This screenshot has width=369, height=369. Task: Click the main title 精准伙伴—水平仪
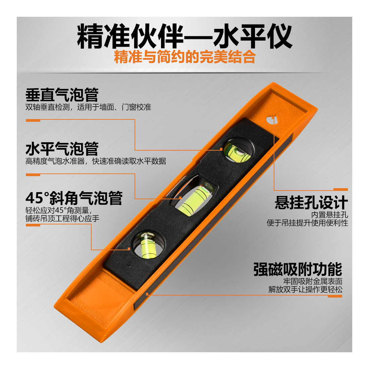coord(185,37)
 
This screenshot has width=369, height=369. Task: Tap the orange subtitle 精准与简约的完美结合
coord(185,57)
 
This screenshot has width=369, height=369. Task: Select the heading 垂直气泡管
coord(62,95)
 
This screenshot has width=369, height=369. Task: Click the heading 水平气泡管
coord(62,149)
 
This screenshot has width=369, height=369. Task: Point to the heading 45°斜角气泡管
coord(74,198)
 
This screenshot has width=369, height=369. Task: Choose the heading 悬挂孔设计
coord(311,202)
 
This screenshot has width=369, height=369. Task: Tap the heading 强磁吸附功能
coord(298,269)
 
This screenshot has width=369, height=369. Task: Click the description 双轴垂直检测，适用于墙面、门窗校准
coord(88,107)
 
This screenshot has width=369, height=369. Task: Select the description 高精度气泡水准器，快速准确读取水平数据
coord(96,161)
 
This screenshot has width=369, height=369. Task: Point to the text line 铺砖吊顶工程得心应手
coord(62,219)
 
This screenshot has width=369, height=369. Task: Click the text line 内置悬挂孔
coord(329,215)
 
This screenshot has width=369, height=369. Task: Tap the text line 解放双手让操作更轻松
coord(306,289)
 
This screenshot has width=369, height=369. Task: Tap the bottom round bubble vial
coord(148,245)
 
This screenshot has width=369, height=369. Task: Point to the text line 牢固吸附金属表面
coord(313,281)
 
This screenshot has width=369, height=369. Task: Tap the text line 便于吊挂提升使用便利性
coord(307,223)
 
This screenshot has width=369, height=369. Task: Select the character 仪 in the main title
coord(279,37)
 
